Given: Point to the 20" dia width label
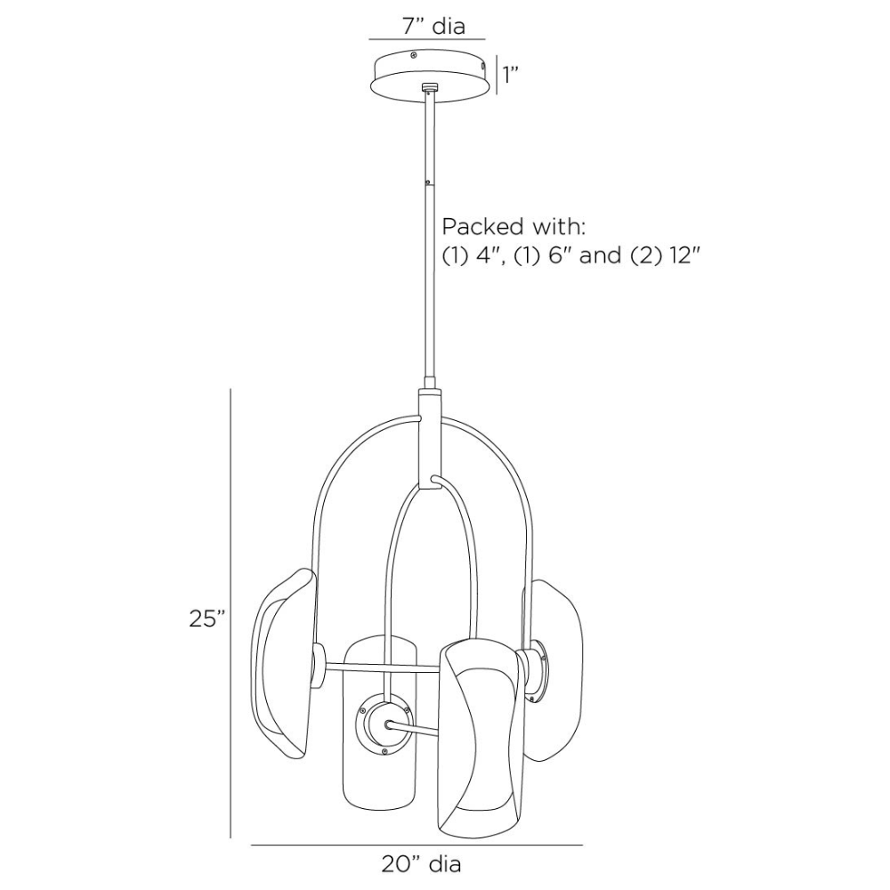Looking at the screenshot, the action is (421, 864).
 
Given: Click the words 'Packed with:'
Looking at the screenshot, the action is (514, 226).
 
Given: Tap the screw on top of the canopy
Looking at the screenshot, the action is (414, 55).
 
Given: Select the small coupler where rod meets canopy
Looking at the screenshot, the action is (430, 87).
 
